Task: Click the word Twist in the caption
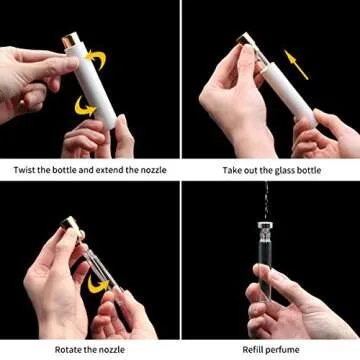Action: (x=26, y=170)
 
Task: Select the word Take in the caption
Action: (x=233, y=170)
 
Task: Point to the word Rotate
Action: (x=63, y=349)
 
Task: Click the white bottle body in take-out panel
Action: (x=285, y=90)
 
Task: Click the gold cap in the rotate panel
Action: (x=67, y=223)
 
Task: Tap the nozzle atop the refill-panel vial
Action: (x=266, y=225)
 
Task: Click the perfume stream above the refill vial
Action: (x=267, y=200)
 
